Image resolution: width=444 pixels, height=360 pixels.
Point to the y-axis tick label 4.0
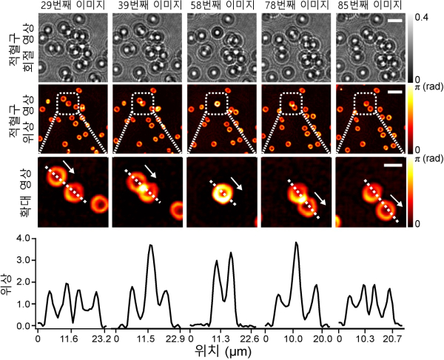(23, 240)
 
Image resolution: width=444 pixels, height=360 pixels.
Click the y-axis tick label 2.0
(23, 282)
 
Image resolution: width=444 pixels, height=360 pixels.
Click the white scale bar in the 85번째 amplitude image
(394, 21)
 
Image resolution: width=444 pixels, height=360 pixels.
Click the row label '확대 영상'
(16, 190)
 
